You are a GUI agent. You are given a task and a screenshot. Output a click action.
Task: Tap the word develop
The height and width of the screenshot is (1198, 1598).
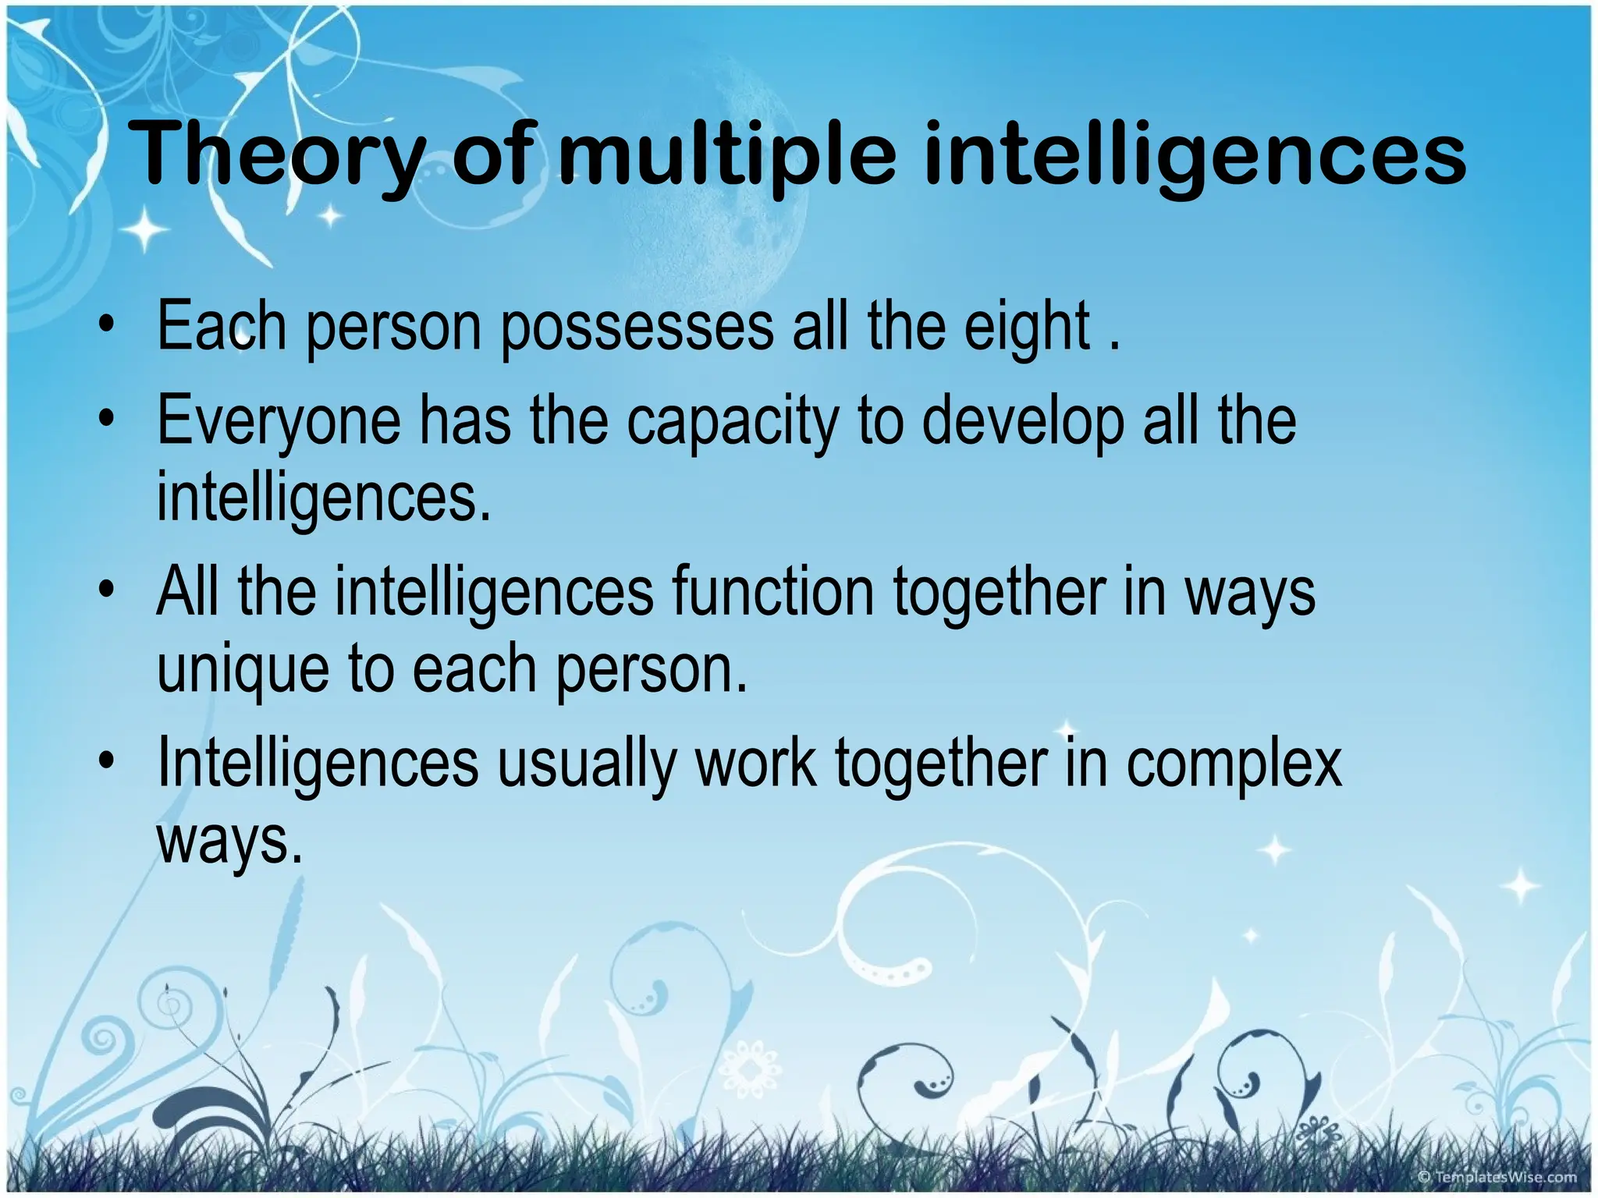tap(1023, 422)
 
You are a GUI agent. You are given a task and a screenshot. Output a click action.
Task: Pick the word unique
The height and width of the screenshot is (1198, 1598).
tap(243, 670)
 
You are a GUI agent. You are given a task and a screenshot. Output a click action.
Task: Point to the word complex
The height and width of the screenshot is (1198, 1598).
tap(1234, 764)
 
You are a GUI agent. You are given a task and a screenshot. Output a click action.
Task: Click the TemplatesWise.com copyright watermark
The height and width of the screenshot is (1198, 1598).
tap(1497, 1177)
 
